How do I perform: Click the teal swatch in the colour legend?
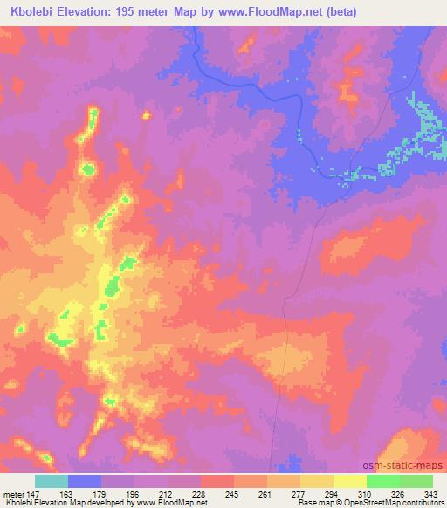[52, 481]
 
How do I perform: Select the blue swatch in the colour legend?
[85, 481]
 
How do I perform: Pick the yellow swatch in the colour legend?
[350, 481]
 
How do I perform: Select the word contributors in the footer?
[421, 503]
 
